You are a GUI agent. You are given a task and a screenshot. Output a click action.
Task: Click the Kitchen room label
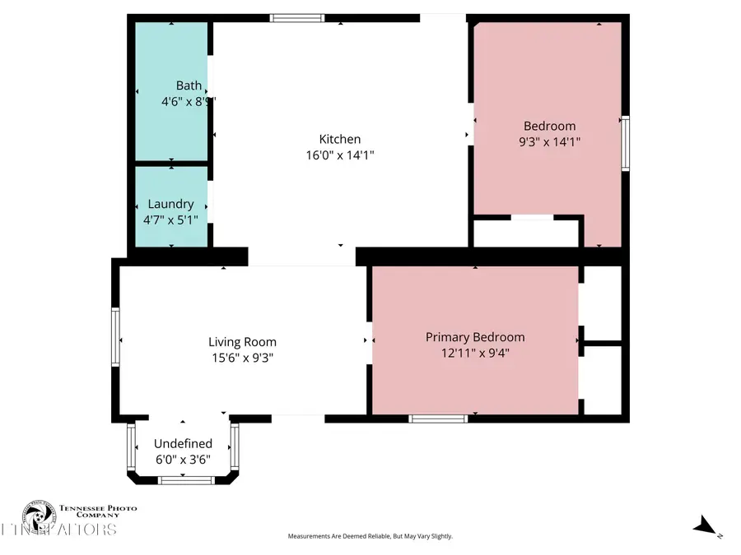(x=340, y=139)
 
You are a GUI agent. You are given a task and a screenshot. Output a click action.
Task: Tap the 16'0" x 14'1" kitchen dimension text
(x=340, y=155)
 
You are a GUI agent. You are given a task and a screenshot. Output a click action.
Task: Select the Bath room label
(x=189, y=86)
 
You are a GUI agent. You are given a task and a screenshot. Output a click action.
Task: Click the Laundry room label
(x=170, y=204)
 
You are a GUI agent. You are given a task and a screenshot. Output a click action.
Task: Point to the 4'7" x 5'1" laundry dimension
(x=170, y=220)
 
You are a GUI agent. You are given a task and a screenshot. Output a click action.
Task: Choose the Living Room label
(x=242, y=342)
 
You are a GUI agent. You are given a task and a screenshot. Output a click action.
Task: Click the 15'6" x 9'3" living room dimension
(x=242, y=358)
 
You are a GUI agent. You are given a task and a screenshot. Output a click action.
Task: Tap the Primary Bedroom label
(x=475, y=337)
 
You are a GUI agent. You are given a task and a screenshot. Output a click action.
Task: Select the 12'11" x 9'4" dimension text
(x=475, y=353)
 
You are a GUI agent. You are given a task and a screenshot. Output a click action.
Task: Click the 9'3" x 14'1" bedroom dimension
(x=550, y=141)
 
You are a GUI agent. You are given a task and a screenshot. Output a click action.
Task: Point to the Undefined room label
(x=183, y=444)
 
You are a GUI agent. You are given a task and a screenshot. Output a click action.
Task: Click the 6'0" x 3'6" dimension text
(x=183, y=460)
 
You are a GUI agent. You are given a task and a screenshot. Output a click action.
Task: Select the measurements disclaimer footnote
(x=370, y=536)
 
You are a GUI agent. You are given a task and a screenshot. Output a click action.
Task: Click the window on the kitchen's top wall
(x=297, y=17)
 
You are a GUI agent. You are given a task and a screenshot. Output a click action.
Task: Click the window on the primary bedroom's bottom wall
(x=439, y=419)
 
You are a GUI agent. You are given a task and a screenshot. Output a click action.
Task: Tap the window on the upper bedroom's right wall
(x=625, y=144)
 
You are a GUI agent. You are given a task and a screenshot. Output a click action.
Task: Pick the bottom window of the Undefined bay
(x=181, y=480)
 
